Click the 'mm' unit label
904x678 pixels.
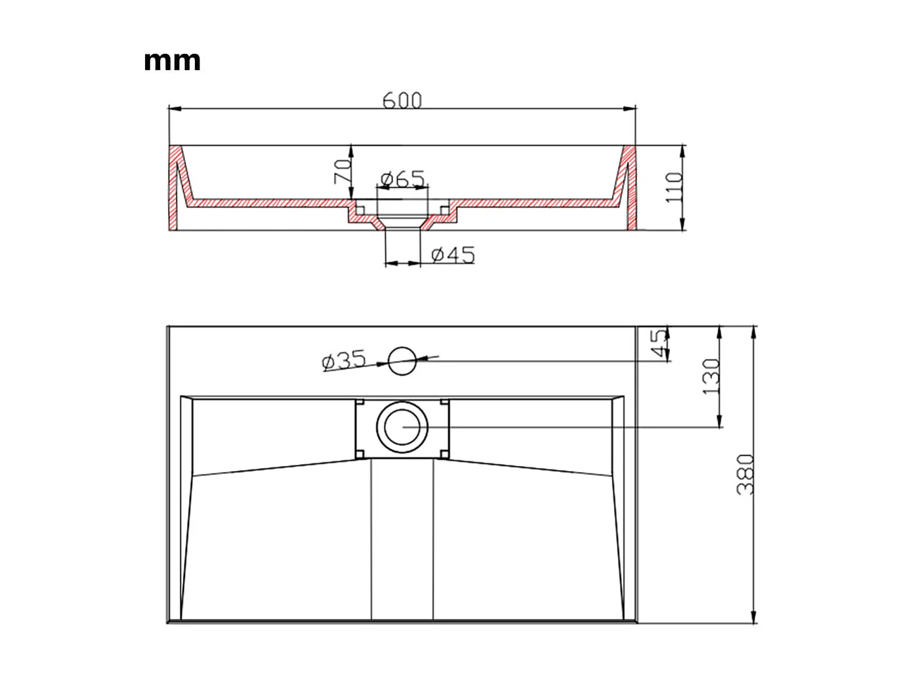[172, 61]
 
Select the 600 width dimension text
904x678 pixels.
[402, 100]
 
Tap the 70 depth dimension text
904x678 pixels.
[341, 172]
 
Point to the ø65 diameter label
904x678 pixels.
[402, 179]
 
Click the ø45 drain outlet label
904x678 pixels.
[453, 255]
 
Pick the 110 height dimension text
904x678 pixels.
[674, 188]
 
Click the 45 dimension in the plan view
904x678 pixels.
[658, 344]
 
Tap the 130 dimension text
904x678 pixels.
[711, 377]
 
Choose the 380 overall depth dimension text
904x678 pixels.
[746, 475]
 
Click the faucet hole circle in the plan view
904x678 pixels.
[402, 361]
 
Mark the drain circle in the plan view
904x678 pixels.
[402, 426]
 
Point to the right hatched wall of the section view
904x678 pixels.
[630, 187]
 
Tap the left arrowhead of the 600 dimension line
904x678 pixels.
[174, 108]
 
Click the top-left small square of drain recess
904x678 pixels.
[360, 402]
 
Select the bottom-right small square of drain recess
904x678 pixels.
[445, 453]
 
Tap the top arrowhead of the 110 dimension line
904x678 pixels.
[683, 150]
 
